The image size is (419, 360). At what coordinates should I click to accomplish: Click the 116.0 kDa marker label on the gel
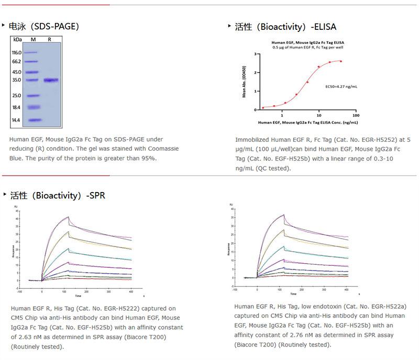pyautogui.click(x=16, y=53)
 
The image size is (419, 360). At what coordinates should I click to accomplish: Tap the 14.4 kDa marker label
pyautogui.click(x=16, y=120)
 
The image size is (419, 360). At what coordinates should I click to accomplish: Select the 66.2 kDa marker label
pyautogui.click(x=16, y=62)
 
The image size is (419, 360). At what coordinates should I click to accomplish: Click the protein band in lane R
pyautogui.click(x=51, y=80)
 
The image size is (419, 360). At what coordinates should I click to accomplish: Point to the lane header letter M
pyautogui.click(x=33, y=40)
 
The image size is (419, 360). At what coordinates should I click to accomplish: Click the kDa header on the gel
pyautogui.click(x=17, y=40)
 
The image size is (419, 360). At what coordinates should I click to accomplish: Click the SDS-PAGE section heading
pyautogui.click(x=44, y=26)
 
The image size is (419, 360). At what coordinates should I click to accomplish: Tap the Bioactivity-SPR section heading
pyautogui.click(x=58, y=195)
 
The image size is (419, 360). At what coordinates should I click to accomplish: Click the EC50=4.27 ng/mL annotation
pyautogui.click(x=341, y=86)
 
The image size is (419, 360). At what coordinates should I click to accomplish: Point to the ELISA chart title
pyautogui.click(x=307, y=42)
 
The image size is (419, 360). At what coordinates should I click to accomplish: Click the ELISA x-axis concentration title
pyautogui.click(x=307, y=122)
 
